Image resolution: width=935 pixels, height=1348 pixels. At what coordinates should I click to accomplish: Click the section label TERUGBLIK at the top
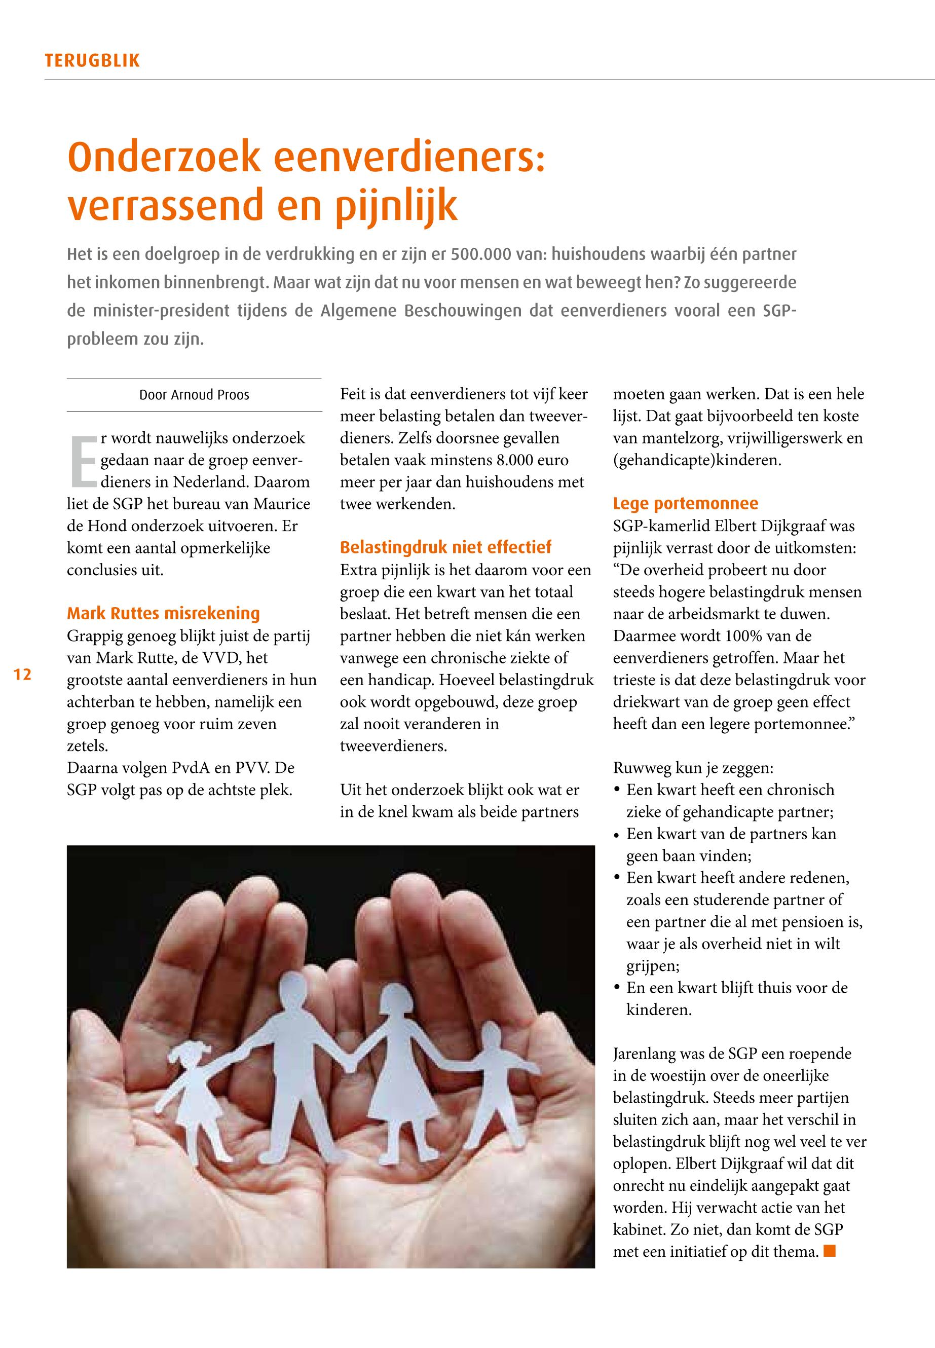[x=92, y=60]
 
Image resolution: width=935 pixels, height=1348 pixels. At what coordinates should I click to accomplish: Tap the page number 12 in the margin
[x=22, y=675]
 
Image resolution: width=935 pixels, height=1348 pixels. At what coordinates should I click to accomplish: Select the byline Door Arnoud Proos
[x=194, y=395]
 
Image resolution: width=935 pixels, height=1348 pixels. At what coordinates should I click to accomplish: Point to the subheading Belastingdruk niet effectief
[x=445, y=547]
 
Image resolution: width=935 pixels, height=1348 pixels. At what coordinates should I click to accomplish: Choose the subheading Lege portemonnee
[x=686, y=503]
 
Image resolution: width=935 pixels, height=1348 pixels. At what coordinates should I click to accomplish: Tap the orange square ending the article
[x=829, y=1251]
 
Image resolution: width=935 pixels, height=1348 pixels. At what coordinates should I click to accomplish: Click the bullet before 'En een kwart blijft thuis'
[x=617, y=988]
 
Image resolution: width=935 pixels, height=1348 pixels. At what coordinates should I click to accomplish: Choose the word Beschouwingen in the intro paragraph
[x=463, y=311]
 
